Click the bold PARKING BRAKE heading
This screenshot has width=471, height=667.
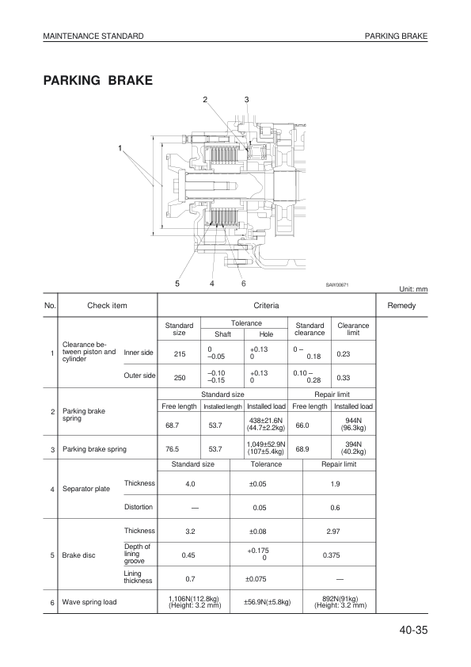click(x=98, y=81)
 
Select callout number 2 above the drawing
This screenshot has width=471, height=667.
click(x=205, y=99)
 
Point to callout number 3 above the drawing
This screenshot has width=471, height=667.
click(x=247, y=99)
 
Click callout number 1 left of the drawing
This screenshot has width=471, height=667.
click(x=120, y=148)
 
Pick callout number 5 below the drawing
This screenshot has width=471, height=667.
click(x=177, y=283)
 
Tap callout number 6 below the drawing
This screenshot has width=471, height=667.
click(x=243, y=283)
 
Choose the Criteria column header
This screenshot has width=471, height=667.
click(x=265, y=305)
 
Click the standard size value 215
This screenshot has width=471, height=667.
click(x=179, y=353)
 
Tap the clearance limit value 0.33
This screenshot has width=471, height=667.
click(x=344, y=378)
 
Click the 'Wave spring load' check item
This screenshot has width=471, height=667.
click(x=89, y=602)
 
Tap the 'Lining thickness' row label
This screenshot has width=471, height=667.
click(x=138, y=577)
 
